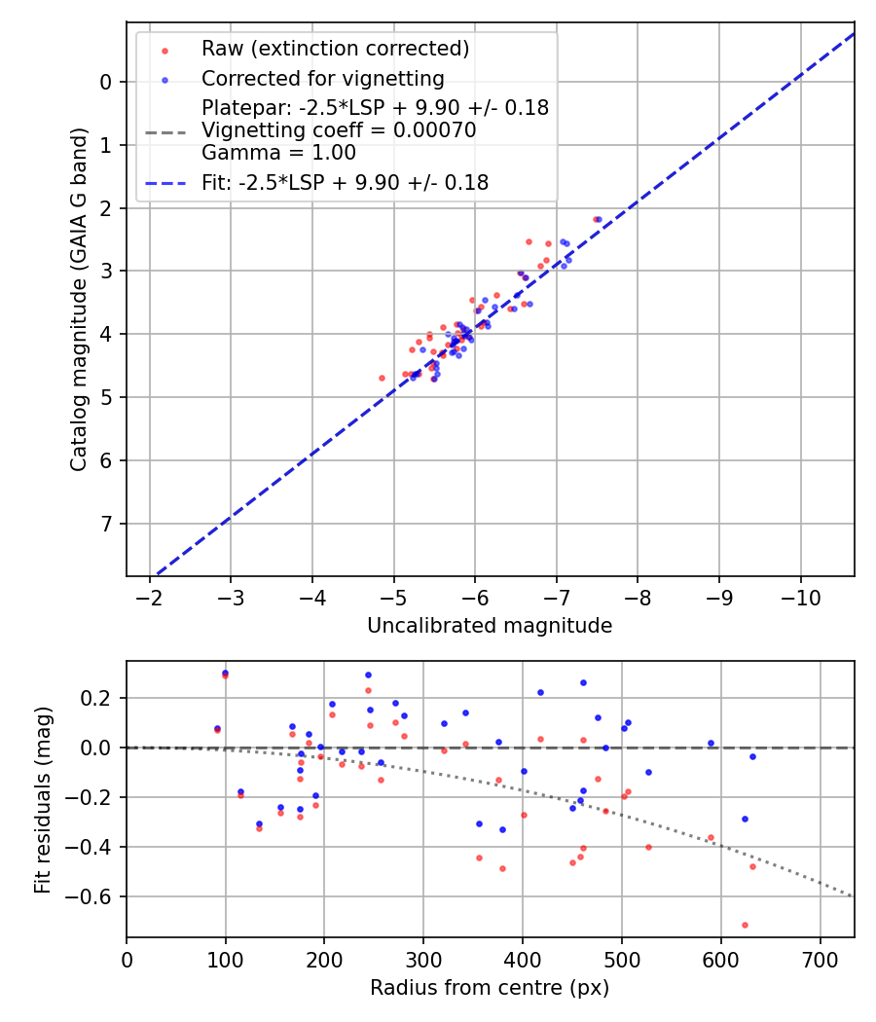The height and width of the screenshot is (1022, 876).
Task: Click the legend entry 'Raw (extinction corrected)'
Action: pyautogui.click(x=335, y=48)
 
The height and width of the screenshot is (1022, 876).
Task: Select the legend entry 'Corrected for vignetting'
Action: pyautogui.click(x=322, y=78)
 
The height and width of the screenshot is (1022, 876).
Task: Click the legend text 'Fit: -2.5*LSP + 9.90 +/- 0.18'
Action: pyautogui.click(x=345, y=182)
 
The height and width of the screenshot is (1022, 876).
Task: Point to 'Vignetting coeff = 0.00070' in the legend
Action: pyautogui.click(x=339, y=130)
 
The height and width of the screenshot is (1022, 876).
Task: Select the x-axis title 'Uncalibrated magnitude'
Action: pyautogui.click(x=490, y=626)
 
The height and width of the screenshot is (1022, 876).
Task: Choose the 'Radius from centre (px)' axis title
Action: pyautogui.click(x=490, y=988)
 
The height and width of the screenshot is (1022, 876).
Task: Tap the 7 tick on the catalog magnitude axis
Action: pyautogui.click(x=106, y=524)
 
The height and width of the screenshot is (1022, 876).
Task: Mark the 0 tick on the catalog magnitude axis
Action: pyautogui.click(x=106, y=82)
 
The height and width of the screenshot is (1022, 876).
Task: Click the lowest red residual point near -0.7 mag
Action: pyautogui.click(x=745, y=925)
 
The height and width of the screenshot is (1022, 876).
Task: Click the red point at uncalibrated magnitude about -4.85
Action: pyautogui.click(x=382, y=378)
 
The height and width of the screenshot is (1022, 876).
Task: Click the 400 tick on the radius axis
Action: pyautogui.click(x=523, y=961)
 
